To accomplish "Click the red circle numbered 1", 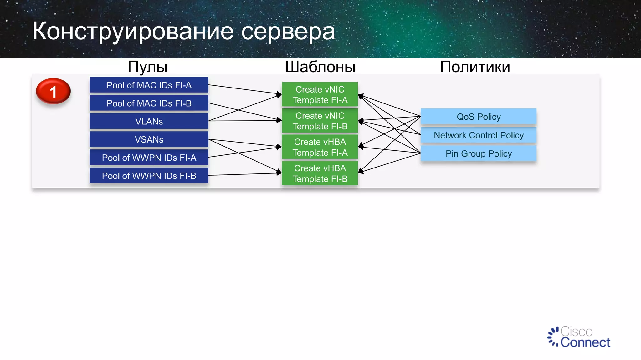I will (x=53, y=91).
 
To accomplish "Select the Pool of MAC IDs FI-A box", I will (x=149, y=85).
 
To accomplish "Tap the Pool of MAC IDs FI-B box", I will (x=149, y=103).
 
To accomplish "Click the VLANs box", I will (x=149, y=121).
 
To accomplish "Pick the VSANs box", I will (x=149, y=139).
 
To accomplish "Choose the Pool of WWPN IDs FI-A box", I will (x=149, y=157).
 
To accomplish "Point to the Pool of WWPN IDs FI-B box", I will (x=149, y=176).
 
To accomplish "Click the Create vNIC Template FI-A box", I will (x=320, y=94).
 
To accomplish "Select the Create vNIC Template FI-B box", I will (x=320, y=121).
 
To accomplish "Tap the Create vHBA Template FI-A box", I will (x=320, y=147).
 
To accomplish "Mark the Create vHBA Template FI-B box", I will (x=320, y=173).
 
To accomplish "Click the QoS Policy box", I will (x=478, y=117).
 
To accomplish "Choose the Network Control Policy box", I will (x=478, y=135).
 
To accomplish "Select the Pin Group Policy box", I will (x=478, y=153).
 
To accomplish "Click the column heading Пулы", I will (x=147, y=67).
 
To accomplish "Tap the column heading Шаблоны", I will (x=320, y=67).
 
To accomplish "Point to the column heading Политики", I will (x=475, y=67).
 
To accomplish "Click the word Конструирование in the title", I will (x=133, y=32).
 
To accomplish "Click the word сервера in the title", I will (x=288, y=32).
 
